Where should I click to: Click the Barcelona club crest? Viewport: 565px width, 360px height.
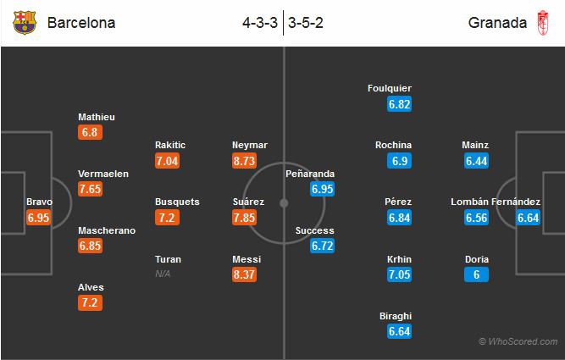[x=25, y=23]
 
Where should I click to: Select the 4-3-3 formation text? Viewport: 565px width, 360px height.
[x=260, y=23]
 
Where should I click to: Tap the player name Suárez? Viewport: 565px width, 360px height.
[x=248, y=202]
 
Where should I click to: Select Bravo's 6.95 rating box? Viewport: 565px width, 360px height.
[x=39, y=218]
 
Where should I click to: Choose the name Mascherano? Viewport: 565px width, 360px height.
[x=107, y=230]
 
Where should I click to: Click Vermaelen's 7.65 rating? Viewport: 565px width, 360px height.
[x=90, y=188]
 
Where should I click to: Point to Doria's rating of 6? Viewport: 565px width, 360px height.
[x=477, y=274]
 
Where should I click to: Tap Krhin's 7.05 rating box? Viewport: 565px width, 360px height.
[x=399, y=274]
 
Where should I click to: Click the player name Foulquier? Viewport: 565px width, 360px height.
[x=391, y=88]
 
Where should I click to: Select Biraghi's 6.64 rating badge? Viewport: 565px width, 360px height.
[x=399, y=331]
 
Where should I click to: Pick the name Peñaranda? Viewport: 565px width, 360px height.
[x=311, y=174]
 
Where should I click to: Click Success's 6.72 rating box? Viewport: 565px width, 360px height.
[x=322, y=246]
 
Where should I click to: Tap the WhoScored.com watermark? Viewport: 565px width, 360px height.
[x=518, y=341]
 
